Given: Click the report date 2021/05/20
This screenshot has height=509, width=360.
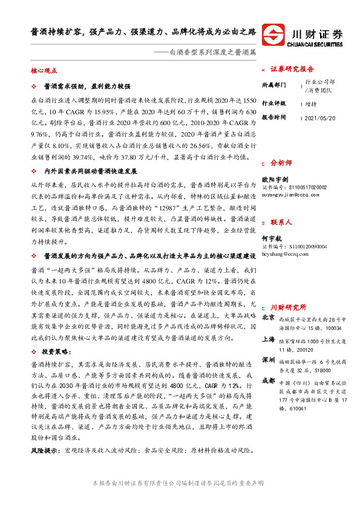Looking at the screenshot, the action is [x=322, y=117].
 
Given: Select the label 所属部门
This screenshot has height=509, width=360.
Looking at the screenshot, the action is [x=273, y=85].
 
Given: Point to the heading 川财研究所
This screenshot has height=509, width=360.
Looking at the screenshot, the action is [x=288, y=307].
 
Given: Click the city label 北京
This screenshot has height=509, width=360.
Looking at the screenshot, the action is [x=268, y=317].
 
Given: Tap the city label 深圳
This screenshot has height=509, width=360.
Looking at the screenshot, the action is [x=268, y=360].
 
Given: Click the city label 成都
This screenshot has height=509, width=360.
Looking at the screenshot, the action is [x=268, y=381].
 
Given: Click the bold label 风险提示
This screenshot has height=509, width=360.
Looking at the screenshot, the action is [x=46, y=451].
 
